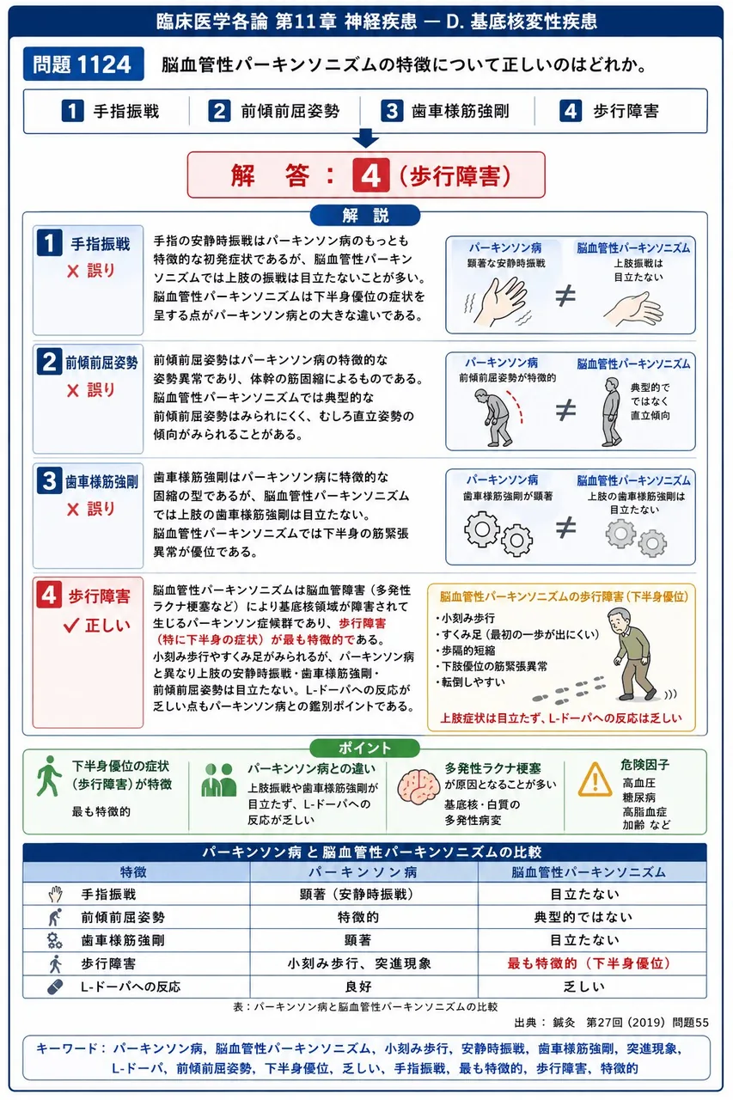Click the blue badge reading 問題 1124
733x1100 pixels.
83,64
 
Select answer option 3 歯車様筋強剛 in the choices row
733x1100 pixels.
445,111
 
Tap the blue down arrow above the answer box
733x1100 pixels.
366,138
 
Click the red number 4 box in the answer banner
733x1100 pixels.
370,174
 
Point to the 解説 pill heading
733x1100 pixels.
365,215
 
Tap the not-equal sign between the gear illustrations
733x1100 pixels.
565,528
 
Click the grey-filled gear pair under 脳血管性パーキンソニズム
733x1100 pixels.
636,537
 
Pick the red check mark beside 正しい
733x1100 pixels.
71,625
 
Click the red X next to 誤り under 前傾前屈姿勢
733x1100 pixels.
73,390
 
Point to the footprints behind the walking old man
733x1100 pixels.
570,690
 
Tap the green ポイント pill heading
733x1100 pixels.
365,748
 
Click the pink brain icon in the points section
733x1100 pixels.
418,786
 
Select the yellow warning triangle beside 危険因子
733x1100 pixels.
595,779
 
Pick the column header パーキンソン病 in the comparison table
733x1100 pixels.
363,872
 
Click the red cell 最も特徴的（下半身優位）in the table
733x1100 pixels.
589,963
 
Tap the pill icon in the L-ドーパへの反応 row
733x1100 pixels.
55,986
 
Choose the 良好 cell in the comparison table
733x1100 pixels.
358,986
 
